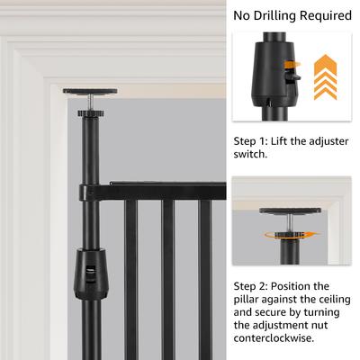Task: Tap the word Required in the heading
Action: pyautogui.click(x=320, y=15)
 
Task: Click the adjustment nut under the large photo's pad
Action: pyautogui.click(x=90, y=113)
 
